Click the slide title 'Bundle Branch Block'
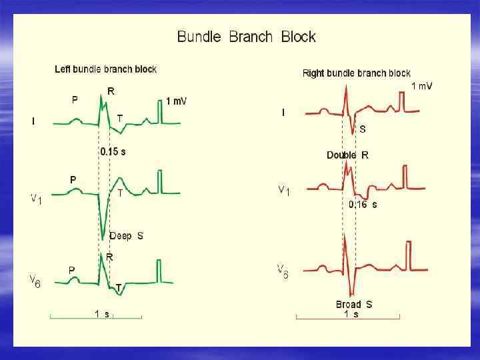[246, 37]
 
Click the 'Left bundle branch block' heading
[105, 69]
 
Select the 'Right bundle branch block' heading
[357, 73]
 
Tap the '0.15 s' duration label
[113, 151]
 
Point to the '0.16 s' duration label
[363, 205]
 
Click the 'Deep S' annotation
[126, 236]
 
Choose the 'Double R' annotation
[347, 155]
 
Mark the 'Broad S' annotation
[354, 305]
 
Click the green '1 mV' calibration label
[176, 101]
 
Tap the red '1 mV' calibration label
[421, 86]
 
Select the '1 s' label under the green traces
[102, 313]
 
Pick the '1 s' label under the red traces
[351, 314]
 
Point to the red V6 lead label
[283, 271]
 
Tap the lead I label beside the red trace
[283, 113]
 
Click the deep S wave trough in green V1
[103, 237]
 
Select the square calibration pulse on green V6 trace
[159, 271]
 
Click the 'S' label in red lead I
[362, 129]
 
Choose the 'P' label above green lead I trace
[75, 100]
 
